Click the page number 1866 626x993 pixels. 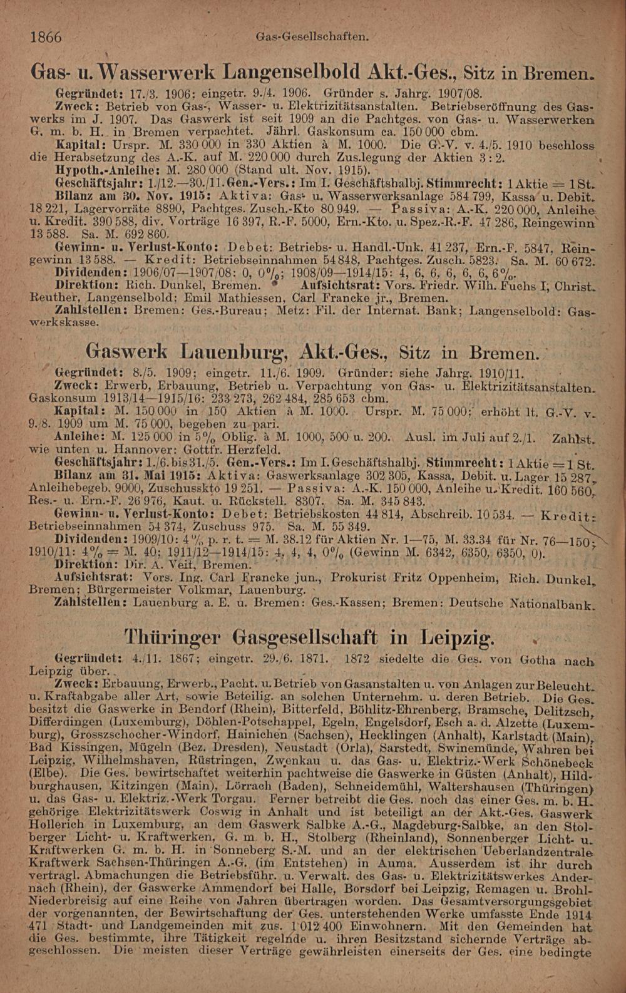coord(46,37)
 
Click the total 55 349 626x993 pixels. coord(347,525)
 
